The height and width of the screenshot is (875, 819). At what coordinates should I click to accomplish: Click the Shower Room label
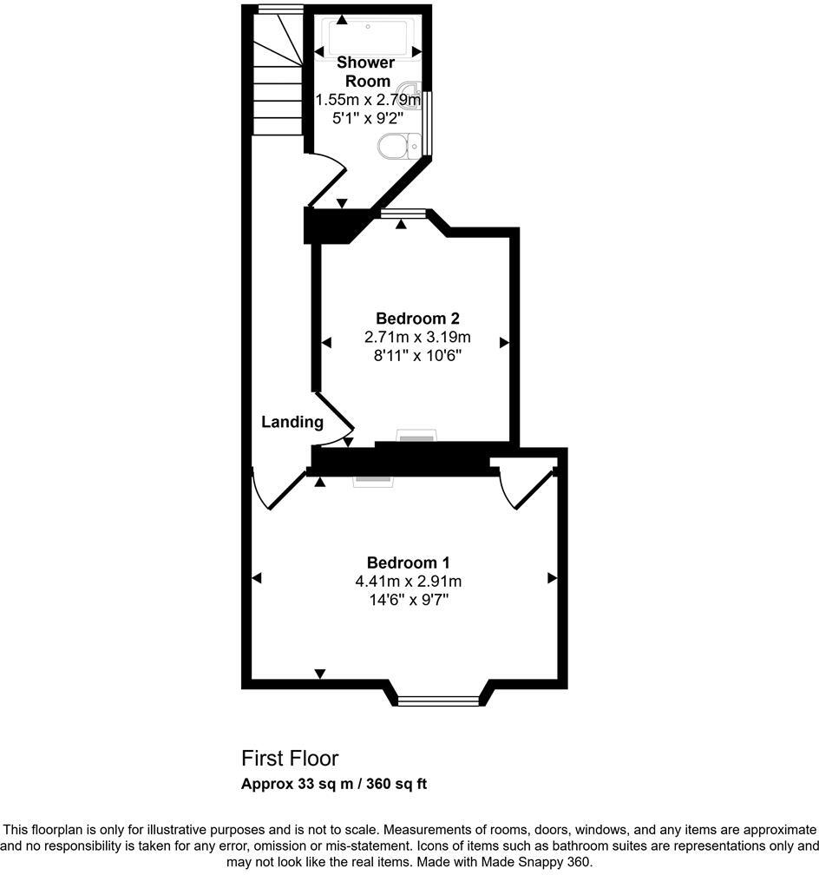pos(365,71)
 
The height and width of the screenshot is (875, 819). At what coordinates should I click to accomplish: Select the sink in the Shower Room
pos(410,94)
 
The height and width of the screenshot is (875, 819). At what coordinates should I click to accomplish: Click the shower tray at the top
pos(368,36)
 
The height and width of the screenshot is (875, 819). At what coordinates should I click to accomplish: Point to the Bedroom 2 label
pos(412,319)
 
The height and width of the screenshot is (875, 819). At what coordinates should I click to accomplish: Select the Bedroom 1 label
pos(408,562)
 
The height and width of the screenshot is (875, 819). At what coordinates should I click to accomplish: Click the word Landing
pos(292,423)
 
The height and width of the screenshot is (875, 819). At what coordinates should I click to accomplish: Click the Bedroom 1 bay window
pos(438,700)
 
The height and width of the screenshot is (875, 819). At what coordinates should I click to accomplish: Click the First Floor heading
pos(290,758)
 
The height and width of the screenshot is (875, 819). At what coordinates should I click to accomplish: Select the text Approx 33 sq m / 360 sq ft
pos(334,784)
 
